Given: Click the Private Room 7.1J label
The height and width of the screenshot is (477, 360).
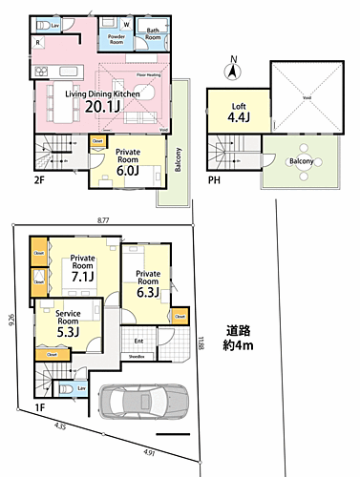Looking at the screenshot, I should (x=83, y=268).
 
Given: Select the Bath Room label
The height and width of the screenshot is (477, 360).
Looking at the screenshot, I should (x=153, y=34).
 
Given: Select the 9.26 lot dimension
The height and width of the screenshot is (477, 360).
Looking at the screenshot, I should (x=10, y=322).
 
